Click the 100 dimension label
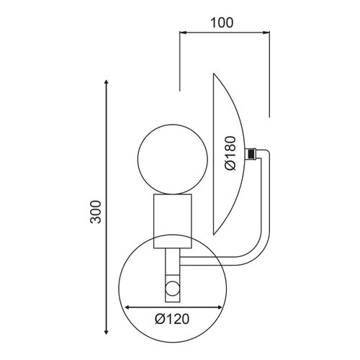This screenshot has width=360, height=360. pos(222,22)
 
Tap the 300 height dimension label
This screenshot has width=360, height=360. pos(96,212)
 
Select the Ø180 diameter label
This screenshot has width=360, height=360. pos(231,153)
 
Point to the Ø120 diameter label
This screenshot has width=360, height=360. pos(172,319)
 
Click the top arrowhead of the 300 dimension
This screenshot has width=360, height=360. pos(107,81)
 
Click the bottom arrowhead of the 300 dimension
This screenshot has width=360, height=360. pos(106,332)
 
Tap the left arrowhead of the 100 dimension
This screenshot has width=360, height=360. pos(182,32)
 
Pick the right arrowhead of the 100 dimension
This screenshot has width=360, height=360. pos(266,32)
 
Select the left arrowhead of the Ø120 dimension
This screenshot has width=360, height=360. pos(128,307)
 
